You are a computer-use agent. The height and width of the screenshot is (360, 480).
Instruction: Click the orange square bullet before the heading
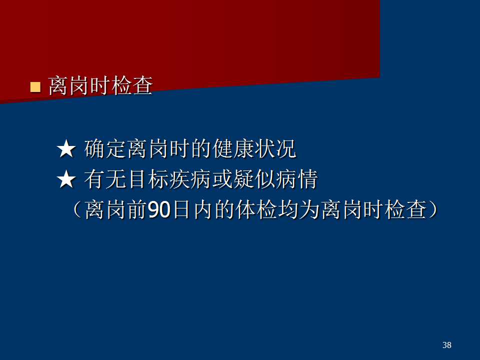click(x=35, y=87)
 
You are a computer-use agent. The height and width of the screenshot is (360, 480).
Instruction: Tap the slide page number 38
click(x=446, y=345)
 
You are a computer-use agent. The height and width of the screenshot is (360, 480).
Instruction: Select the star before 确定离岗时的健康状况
click(x=66, y=149)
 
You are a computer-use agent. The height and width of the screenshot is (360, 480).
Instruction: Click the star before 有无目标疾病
click(x=66, y=179)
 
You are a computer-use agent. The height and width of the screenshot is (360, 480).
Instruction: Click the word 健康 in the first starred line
click(x=233, y=149)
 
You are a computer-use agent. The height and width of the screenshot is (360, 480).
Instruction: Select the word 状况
click(x=275, y=149)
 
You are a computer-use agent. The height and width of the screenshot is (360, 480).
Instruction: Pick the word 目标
click(x=148, y=179)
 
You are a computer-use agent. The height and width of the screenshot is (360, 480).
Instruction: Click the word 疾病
click(x=190, y=179)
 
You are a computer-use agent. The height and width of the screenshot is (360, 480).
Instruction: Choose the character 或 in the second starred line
click(x=222, y=179)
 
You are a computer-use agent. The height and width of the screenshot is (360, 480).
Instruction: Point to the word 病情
click(x=297, y=179)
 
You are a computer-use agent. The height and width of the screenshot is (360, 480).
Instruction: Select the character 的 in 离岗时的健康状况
click(x=201, y=149)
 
